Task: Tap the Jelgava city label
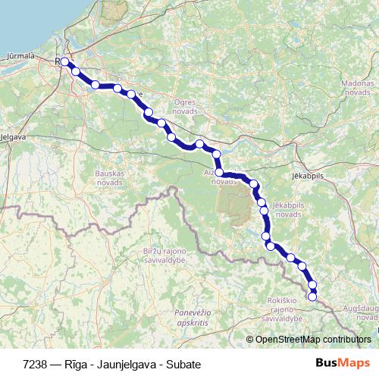point(14,137)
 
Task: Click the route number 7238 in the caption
point(36,364)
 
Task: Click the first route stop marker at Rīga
point(65,62)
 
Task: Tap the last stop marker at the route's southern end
point(312,296)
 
